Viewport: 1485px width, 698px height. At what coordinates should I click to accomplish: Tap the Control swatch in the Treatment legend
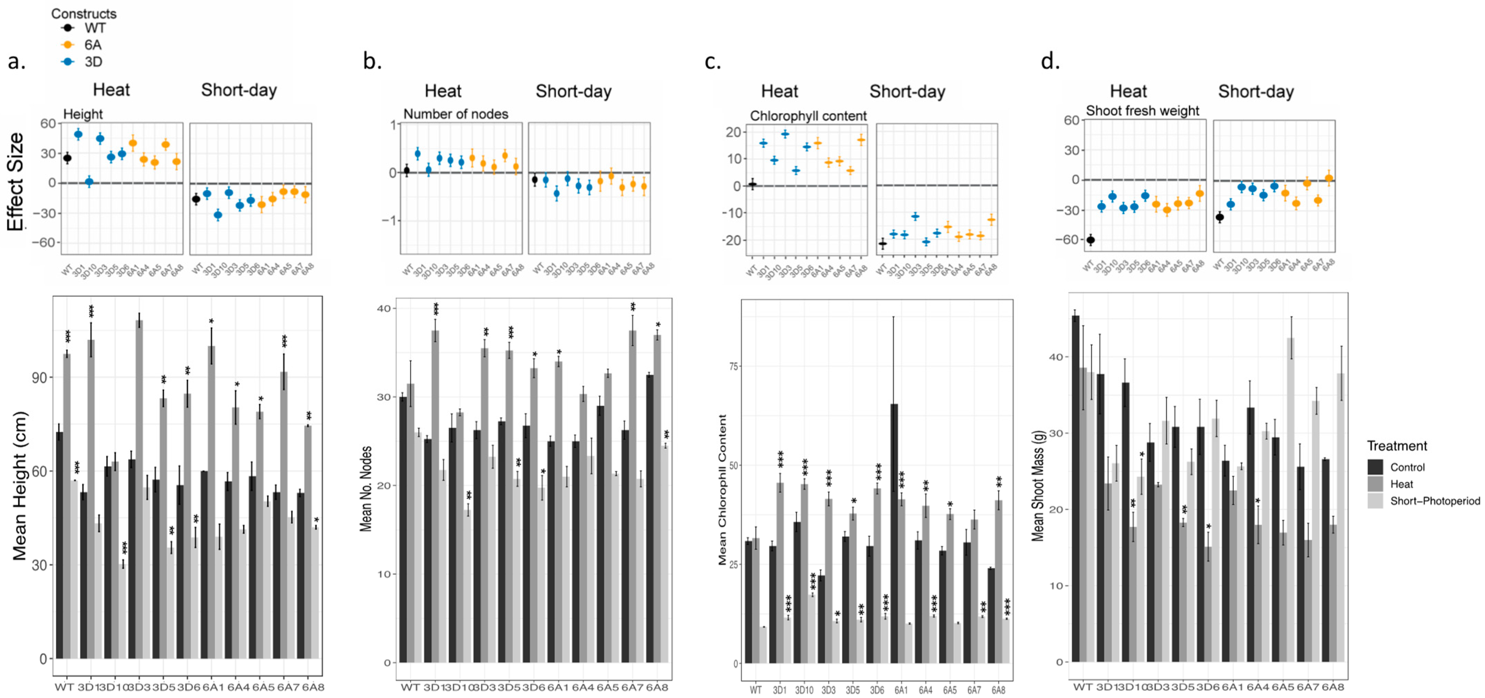click(1375, 467)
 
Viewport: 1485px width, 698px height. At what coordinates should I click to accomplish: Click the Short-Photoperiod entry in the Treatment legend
click(1434, 501)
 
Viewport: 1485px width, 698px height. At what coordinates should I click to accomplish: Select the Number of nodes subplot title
click(456, 114)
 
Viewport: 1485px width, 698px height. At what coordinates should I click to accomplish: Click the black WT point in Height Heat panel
click(67, 158)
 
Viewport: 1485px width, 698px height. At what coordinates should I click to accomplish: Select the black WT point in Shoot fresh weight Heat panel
click(1090, 240)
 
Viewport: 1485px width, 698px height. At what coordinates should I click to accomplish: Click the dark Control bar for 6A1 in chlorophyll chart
click(894, 533)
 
